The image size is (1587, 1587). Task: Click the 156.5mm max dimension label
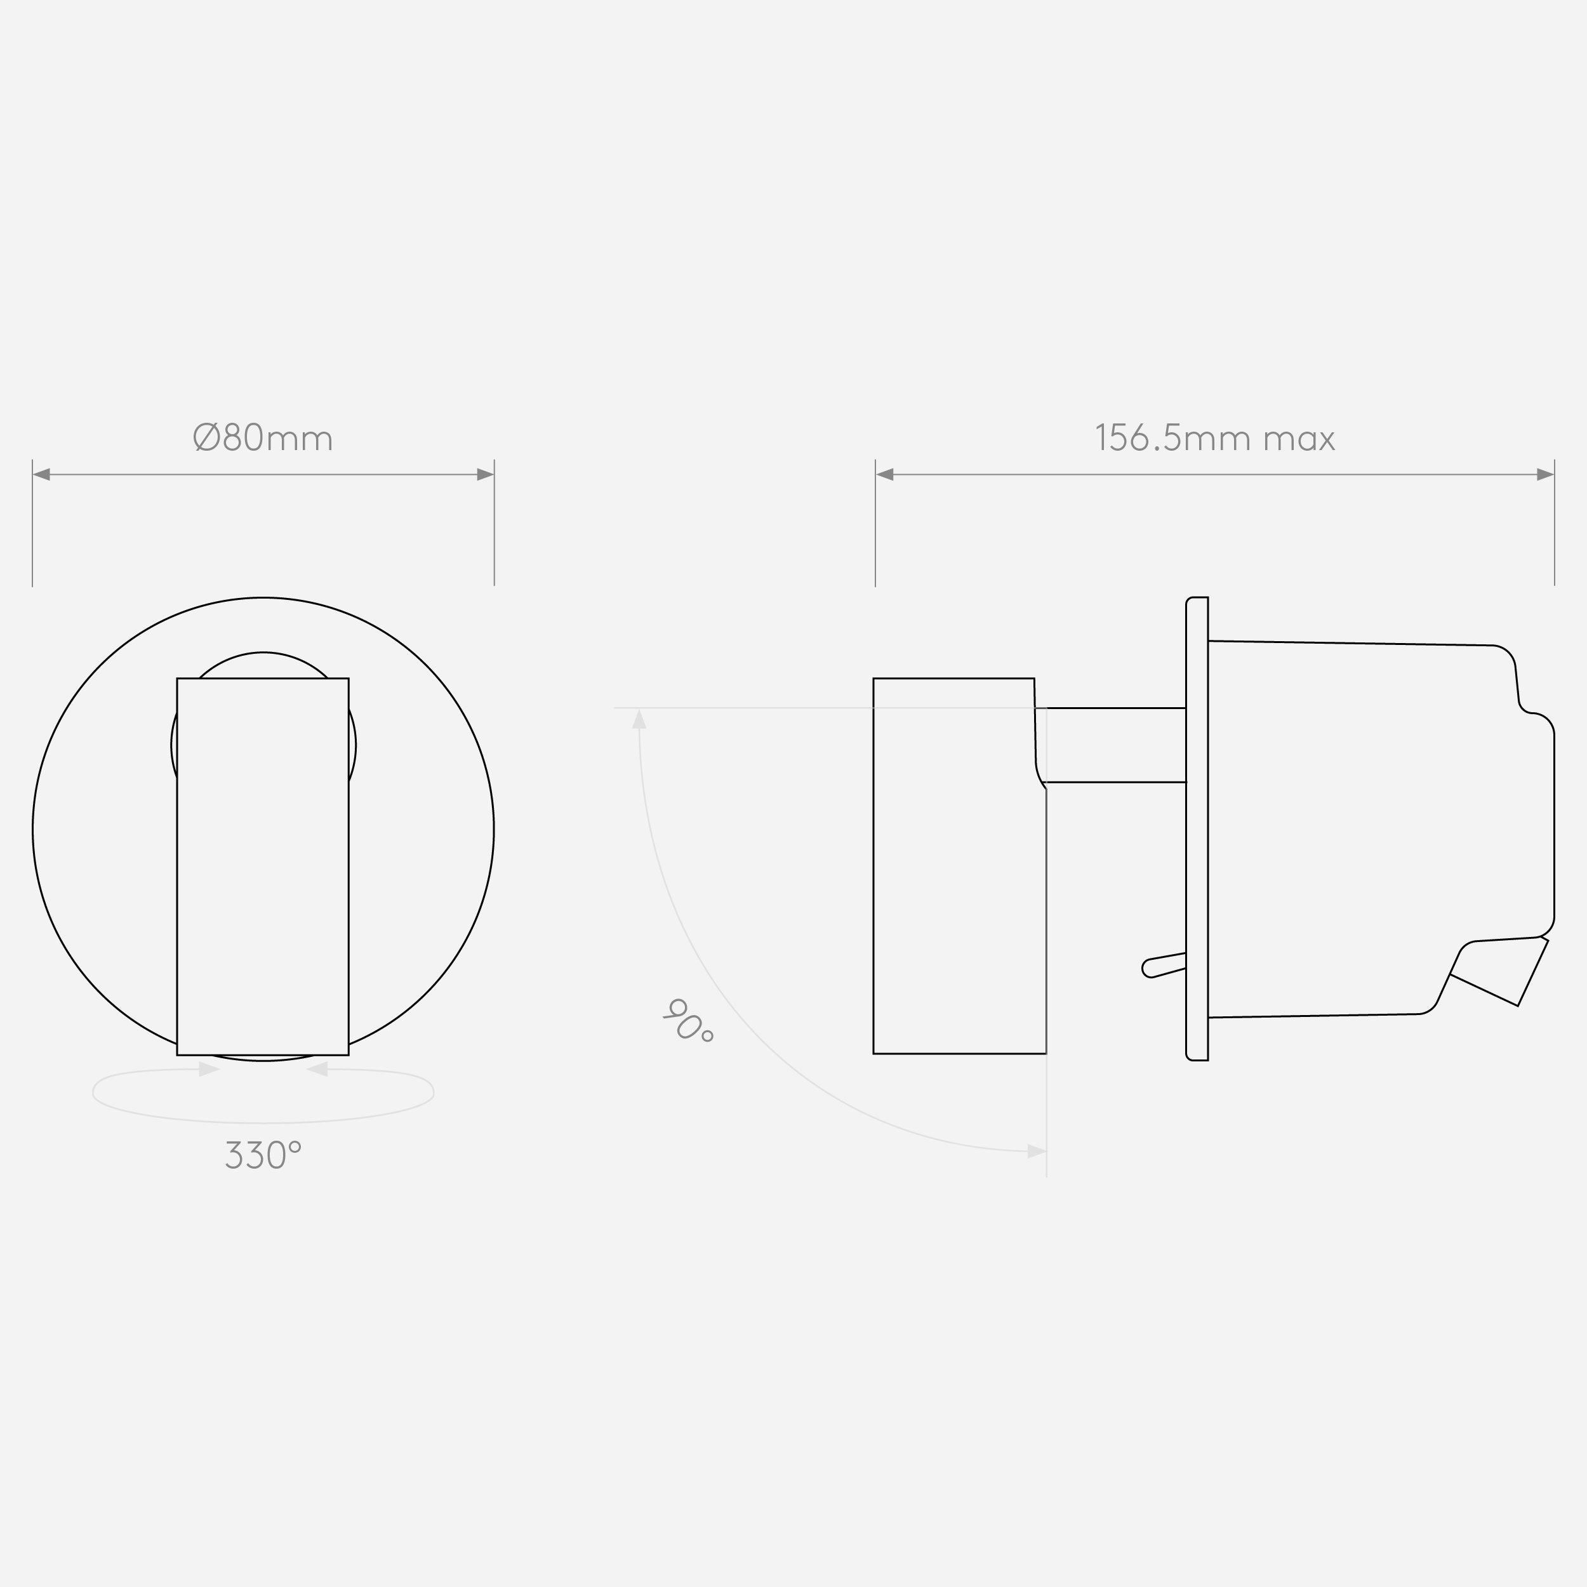tap(1215, 438)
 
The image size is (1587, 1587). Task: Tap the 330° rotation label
tap(263, 1155)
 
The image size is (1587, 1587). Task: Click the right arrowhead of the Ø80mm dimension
tap(486, 475)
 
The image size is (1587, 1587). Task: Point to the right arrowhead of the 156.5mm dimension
tap(1545, 475)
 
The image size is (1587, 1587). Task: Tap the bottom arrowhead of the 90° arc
tap(1037, 1152)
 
